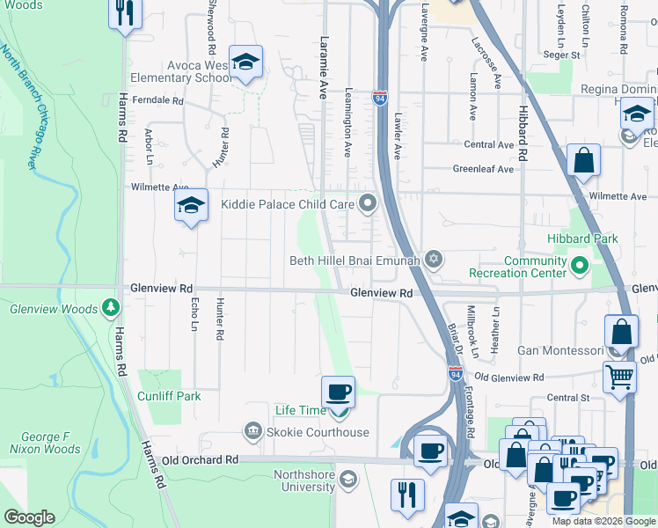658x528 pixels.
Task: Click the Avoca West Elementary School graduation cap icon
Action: tap(246, 62)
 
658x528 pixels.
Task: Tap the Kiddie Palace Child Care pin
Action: tap(369, 204)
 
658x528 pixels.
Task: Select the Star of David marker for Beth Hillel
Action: tap(432, 260)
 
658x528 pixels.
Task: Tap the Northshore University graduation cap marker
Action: tap(348, 479)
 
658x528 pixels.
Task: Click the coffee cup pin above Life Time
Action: tap(338, 391)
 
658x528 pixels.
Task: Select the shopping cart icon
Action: tap(620, 377)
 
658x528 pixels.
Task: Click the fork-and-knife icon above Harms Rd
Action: tap(125, 13)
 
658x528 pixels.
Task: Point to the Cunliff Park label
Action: tap(168, 396)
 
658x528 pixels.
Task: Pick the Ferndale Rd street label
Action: tap(157, 101)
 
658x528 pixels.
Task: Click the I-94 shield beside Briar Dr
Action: tap(455, 374)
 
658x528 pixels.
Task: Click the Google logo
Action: tap(30, 517)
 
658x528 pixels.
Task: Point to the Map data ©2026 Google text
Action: tap(603, 521)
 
